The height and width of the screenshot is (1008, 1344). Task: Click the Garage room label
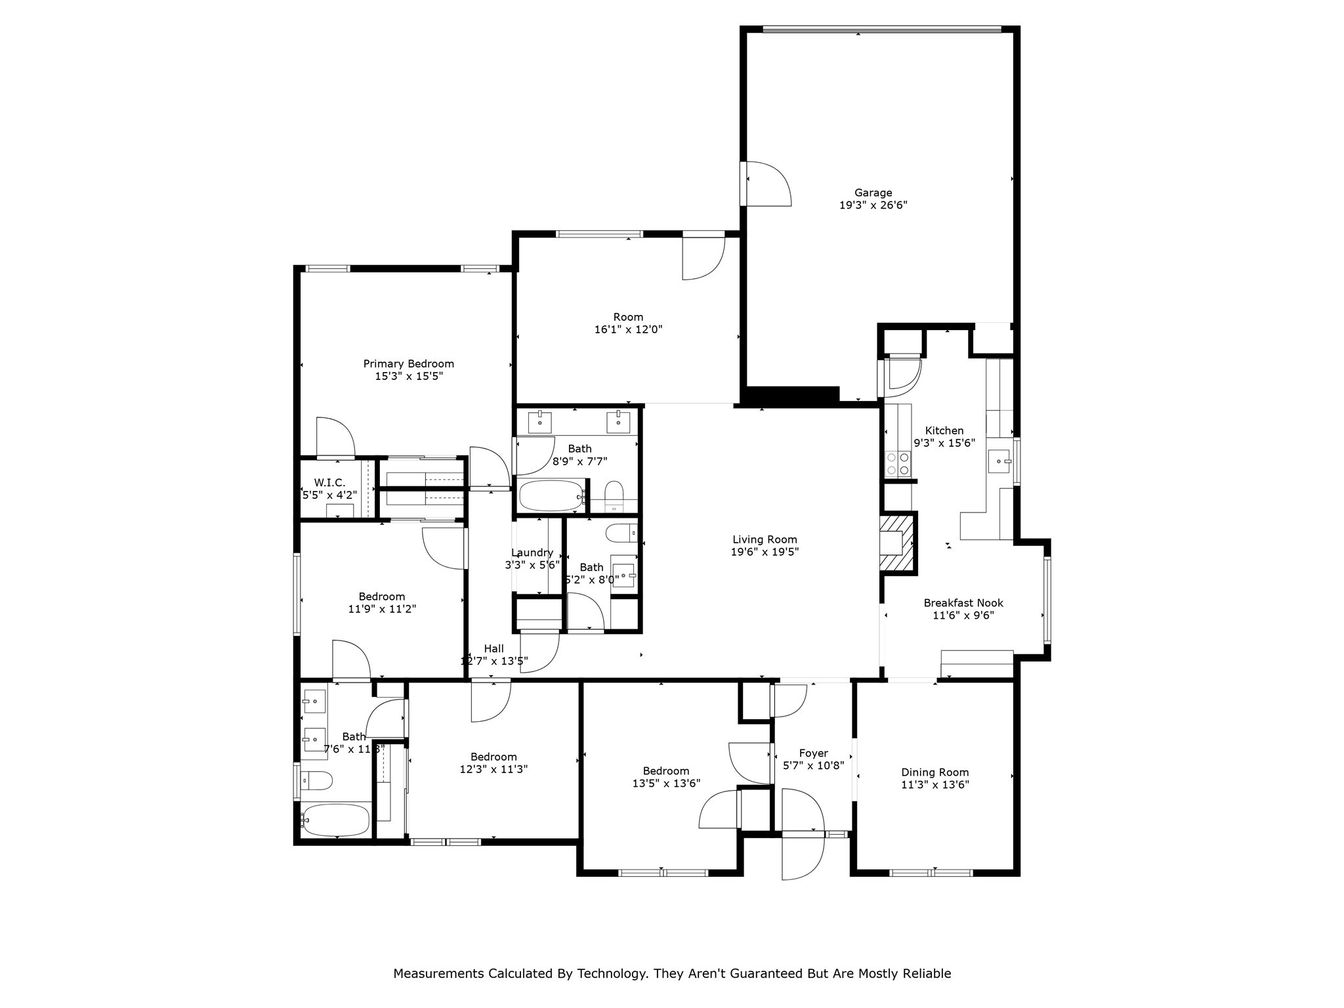click(x=873, y=192)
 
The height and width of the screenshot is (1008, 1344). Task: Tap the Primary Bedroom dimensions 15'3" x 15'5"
click(x=409, y=376)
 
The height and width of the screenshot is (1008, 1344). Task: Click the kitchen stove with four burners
click(x=898, y=464)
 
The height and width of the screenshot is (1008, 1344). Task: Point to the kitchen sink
click(x=999, y=461)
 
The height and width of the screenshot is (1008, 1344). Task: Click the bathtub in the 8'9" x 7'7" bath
click(x=551, y=495)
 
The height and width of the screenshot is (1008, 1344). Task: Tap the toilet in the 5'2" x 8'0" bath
click(x=620, y=533)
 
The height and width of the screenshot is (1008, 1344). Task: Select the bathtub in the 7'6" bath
click(x=335, y=820)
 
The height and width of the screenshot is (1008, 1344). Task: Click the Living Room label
click(x=765, y=539)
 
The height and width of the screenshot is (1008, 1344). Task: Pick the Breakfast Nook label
click(x=963, y=602)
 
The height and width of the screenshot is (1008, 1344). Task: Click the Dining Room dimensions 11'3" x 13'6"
click(x=934, y=784)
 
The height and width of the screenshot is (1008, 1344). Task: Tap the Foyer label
click(x=813, y=753)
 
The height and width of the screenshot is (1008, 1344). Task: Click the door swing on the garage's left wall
click(x=768, y=184)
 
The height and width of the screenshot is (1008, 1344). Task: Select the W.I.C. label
click(x=329, y=482)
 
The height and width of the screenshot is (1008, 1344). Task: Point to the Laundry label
click(x=532, y=553)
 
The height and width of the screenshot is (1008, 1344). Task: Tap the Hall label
click(x=493, y=648)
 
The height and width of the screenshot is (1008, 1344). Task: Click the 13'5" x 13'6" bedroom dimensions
click(x=666, y=783)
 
